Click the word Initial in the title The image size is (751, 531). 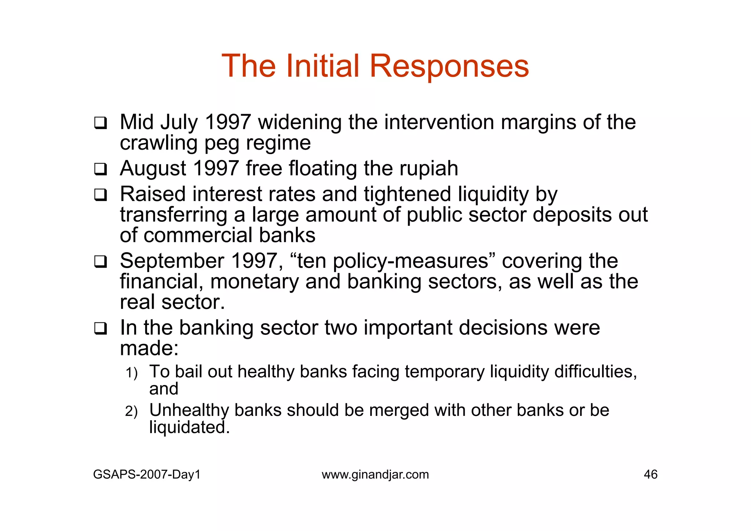pos(323,66)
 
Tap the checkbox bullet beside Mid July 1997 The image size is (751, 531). pos(100,123)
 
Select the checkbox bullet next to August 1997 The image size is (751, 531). pos(100,169)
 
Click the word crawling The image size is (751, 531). pos(158,143)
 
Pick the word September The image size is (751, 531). pos(172,261)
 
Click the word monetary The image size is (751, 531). pos(254,282)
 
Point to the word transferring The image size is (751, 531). pos(173,215)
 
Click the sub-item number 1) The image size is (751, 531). pos(131,373)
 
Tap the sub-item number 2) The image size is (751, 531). pos(131,411)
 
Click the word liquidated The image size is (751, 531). pos(189,427)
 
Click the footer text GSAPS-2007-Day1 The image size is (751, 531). pos(147,475)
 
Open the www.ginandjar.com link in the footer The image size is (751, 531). pos(375,475)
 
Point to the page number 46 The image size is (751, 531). pos(651,475)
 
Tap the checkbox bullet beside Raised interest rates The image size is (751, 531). pos(100,195)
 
